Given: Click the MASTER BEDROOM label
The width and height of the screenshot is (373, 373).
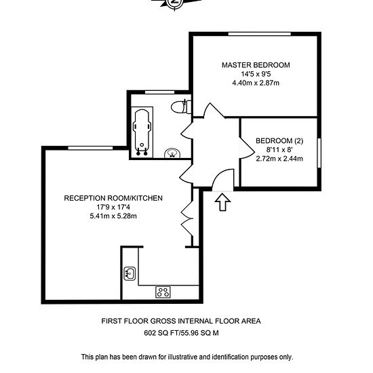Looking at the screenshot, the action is coord(256,65).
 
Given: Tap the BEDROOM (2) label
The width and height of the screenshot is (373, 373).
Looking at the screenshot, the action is coord(279,141).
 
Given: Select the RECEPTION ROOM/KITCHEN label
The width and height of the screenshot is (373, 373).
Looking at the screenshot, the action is coord(113,198).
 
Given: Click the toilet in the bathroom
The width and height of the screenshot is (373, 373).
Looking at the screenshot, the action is coord(181,106).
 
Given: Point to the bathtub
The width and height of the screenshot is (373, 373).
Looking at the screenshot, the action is coord(142,132).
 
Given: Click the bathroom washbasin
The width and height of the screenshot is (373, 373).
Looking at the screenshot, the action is coord(172,153).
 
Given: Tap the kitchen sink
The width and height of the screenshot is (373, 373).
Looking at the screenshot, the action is coord(130,273).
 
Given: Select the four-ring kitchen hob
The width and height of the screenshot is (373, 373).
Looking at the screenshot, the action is coord(163,292).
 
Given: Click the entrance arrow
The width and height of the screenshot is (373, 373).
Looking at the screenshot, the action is coord(222,202).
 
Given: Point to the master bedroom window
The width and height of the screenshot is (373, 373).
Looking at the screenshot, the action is coord(260,34).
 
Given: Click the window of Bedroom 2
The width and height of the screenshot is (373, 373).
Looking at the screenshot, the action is coord(319,153).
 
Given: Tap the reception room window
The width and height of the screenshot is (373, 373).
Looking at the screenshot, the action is coord(90,148).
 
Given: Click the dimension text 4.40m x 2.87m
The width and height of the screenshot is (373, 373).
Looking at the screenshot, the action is coord(256,83).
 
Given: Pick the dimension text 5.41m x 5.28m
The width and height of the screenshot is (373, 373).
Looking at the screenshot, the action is coord(113,216).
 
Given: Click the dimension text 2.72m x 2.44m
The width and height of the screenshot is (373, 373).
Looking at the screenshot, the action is coord(279,159).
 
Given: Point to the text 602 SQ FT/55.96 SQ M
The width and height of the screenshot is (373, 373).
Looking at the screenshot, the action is coord(181,332).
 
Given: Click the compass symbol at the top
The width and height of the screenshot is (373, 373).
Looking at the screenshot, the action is coord(175,3).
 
